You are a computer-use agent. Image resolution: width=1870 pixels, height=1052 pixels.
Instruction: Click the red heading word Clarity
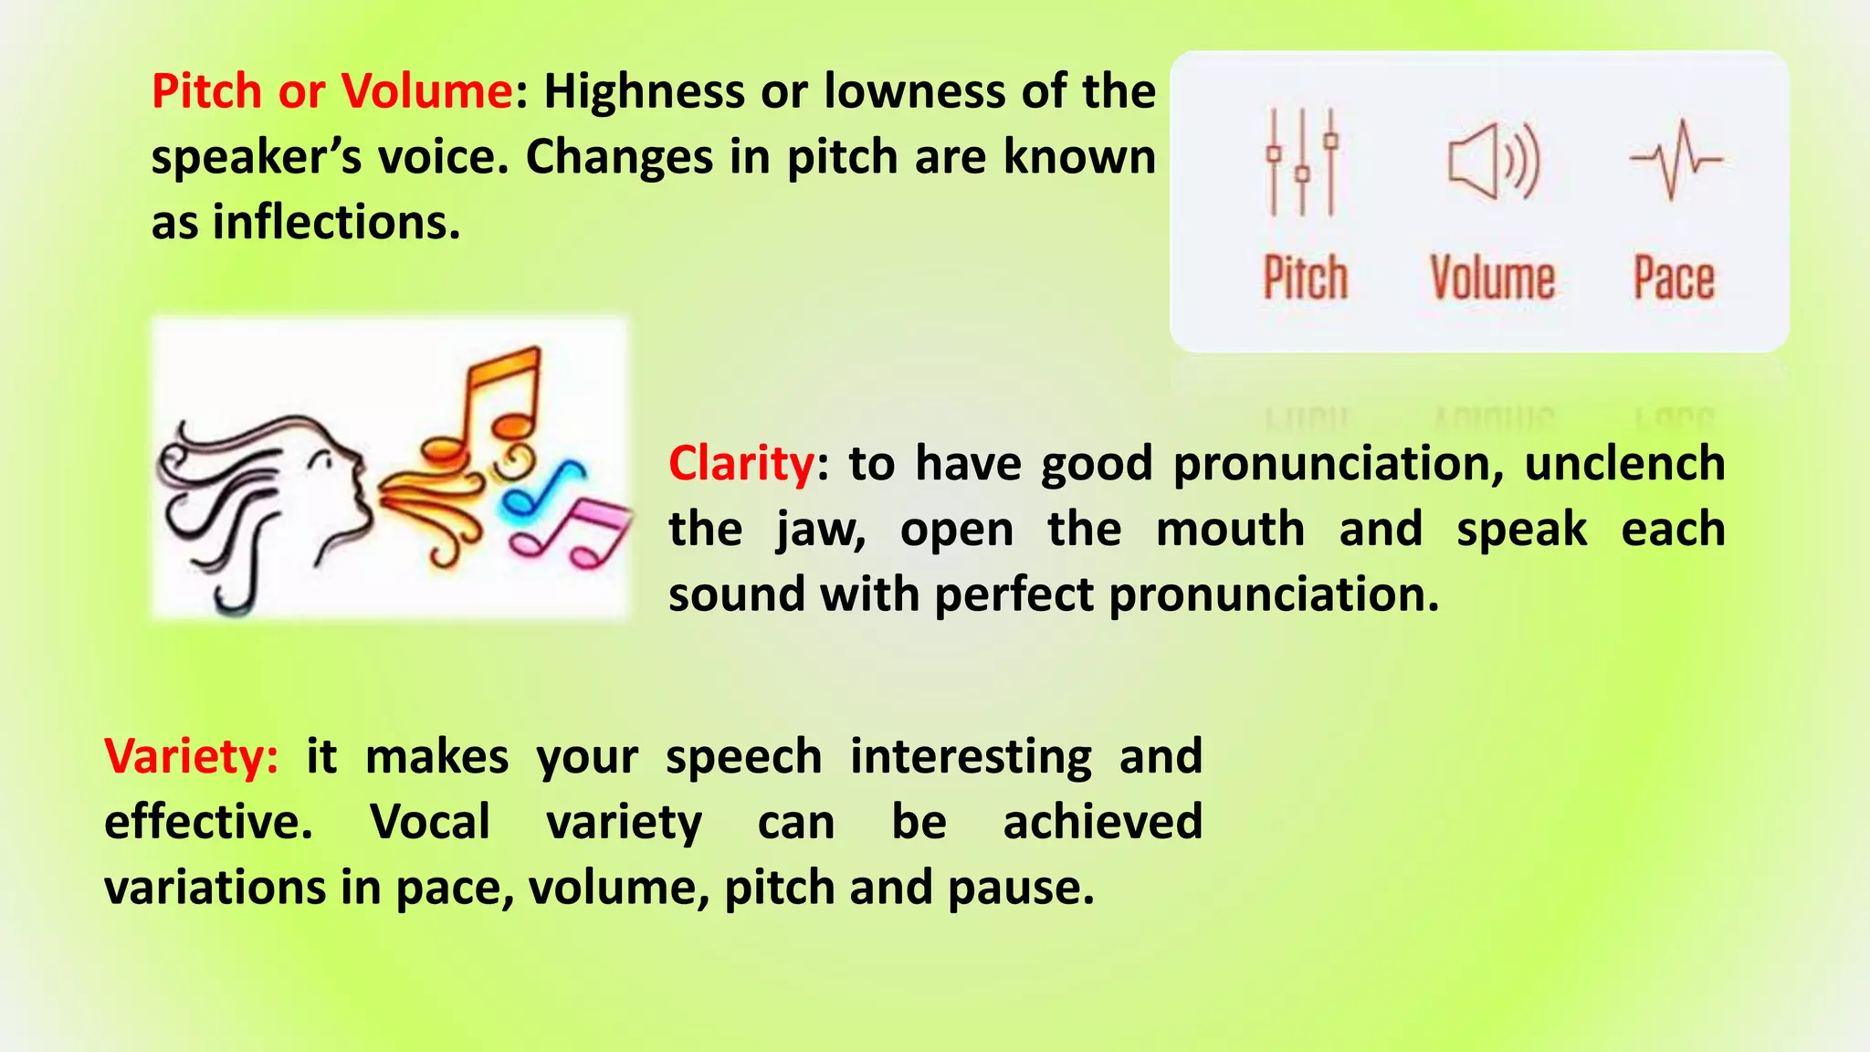[x=741, y=464]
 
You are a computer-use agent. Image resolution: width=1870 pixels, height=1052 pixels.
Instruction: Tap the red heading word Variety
[x=190, y=757]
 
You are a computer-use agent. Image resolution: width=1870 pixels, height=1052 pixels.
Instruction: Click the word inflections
[x=336, y=223]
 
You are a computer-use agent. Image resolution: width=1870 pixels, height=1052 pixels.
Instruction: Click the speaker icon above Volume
[x=1493, y=162]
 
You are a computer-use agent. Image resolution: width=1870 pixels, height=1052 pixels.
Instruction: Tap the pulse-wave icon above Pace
[x=1676, y=160]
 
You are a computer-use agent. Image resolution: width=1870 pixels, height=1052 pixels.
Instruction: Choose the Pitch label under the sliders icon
[x=1305, y=278]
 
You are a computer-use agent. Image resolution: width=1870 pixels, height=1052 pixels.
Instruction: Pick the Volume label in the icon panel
[x=1492, y=278]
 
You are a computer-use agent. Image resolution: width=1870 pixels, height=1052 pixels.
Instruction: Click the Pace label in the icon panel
[x=1674, y=278]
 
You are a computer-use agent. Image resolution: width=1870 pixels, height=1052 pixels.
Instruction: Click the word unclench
[x=1624, y=464]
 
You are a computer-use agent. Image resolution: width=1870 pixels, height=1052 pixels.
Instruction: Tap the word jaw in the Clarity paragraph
[x=819, y=531]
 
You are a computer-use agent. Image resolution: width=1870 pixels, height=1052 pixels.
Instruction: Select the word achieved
[x=1102, y=822]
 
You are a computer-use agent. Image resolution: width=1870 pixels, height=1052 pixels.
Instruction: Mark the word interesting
[x=971, y=757]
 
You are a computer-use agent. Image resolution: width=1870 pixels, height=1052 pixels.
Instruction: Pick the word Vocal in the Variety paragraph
[x=430, y=822]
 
